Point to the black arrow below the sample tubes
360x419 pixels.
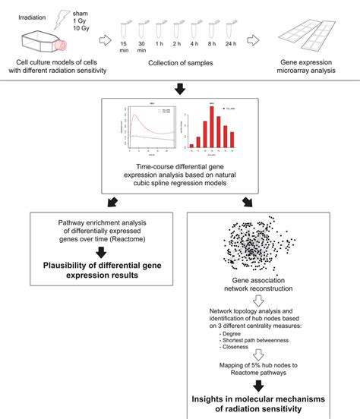179,89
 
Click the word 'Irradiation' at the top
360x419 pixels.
30,8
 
